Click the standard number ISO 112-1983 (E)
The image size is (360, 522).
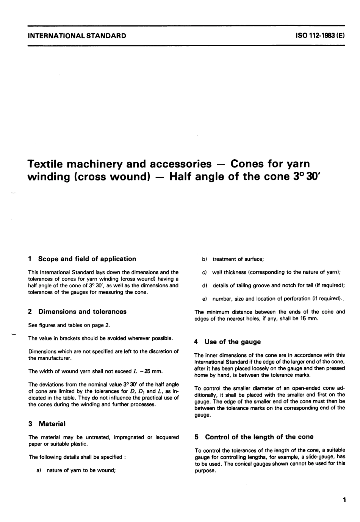(x=319, y=36)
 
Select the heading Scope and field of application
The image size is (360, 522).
(x=87, y=259)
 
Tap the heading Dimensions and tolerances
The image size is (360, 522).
(x=82, y=312)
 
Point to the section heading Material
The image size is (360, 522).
(x=52, y=424)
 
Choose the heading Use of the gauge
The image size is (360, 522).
(x=232, y=342)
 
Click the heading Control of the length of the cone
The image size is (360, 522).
(x=259, y=437)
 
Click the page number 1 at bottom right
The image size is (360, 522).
(x=344, y=500)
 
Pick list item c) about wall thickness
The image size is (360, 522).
(x=271, y=272)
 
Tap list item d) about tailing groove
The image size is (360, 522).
(x=273, y=285)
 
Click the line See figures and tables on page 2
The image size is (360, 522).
(x=69, y=325)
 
